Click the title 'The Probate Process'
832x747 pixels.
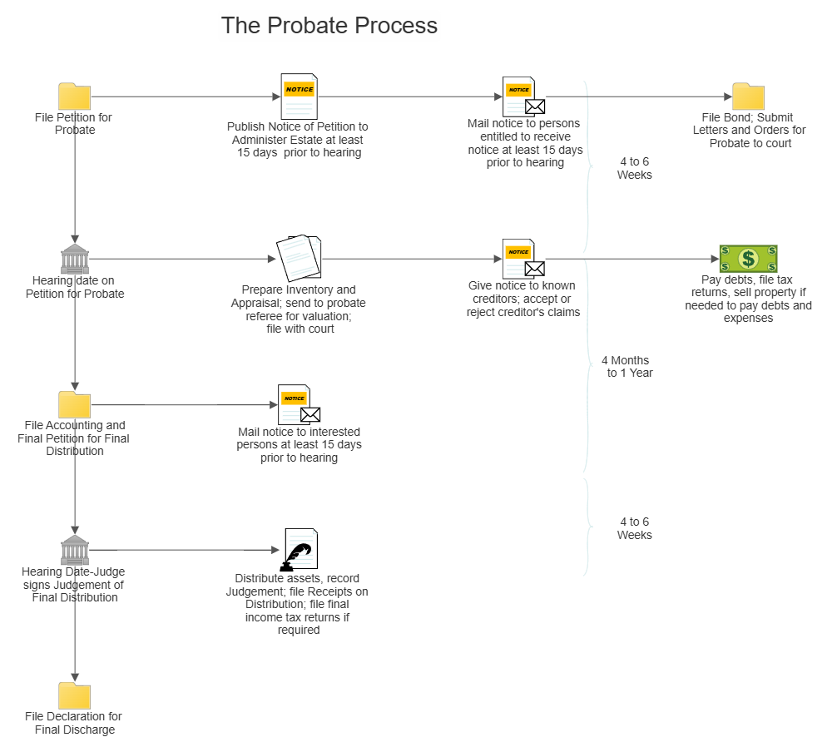tap(329, 26)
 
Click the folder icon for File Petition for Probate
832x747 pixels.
tap(75, 96)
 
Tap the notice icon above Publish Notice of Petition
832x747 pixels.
tap(299, 96)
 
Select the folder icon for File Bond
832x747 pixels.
tap(748, 96)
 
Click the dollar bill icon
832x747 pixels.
tap(748, 260)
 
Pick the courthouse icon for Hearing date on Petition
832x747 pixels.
tap(75, 260)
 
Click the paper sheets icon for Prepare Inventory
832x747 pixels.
tap(299, 258)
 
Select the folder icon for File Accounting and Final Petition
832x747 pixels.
tap(75, 405)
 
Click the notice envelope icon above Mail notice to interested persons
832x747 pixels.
tap(299, 405)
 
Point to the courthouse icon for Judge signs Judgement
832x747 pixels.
tap(75, 551)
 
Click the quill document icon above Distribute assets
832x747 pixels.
tap(300, 549)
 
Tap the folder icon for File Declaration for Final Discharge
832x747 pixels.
tap(75, 695)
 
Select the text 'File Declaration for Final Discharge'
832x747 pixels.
tap(73, 723)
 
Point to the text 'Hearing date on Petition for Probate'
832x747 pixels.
tap(75, 287)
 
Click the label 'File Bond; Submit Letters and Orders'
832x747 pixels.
tap(749, 131)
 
